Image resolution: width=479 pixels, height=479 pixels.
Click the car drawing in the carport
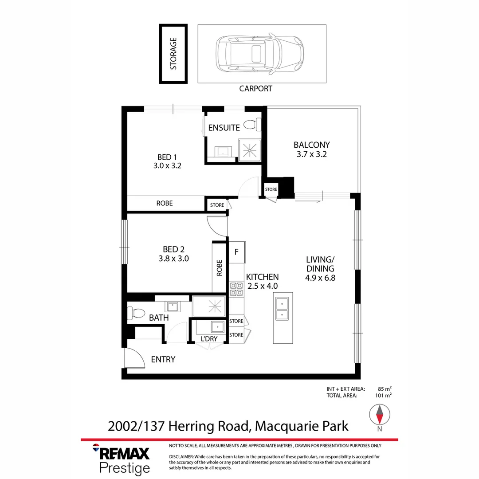click(x=259, y=54)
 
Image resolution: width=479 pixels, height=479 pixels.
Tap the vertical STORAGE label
click(x=173, y=54)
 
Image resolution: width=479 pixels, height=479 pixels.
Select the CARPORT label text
click(x=255, y=89)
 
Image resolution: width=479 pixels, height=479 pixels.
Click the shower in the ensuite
click(x=250, y=150)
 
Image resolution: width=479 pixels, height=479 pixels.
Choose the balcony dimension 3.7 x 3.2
click(x=312, y=154)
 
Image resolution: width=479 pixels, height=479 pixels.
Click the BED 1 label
click(x=167, y=157)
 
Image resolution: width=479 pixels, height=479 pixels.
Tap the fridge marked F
click(x=236, y=252)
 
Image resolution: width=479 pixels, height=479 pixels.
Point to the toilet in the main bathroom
click(x=136, y=314)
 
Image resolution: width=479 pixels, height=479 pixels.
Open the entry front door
click(x=134, y=358)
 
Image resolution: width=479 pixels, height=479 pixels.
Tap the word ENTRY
click(x=163, y=360)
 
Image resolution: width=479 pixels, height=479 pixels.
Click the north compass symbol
click(x=380, y=416)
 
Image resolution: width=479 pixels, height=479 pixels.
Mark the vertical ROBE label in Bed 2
click(x=220, y=268)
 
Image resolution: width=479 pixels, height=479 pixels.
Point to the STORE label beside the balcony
click(x=271, y=189)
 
